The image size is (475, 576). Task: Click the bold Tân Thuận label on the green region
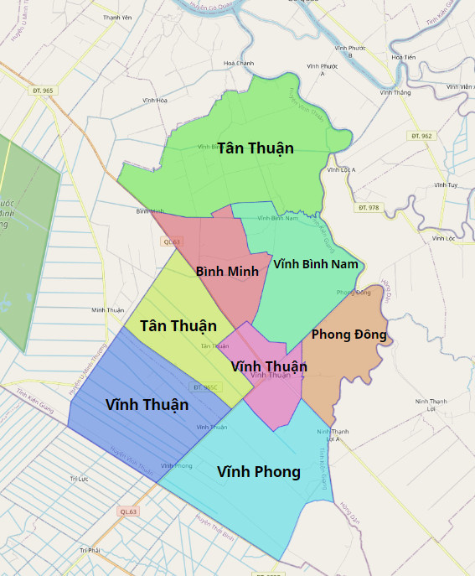(256, 148)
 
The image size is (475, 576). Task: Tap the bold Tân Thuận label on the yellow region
(178, 325)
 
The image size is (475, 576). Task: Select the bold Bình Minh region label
(227, 272)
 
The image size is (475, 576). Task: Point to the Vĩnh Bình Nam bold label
(315, 263)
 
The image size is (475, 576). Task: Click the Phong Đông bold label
(349, 335)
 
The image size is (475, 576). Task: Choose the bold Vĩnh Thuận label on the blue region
(147, 405)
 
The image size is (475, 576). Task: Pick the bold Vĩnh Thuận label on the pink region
(268, 366)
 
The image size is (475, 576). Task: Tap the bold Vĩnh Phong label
(258, 472)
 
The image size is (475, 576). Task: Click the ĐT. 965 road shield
(43, 90)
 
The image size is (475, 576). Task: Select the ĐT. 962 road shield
(421, 135)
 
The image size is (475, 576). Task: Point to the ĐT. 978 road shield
(368, 207)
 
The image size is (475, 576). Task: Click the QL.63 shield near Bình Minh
(170, 241)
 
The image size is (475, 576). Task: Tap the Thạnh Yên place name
(117, 18)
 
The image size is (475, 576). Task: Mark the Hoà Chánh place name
(239, 63)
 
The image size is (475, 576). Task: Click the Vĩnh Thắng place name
(395, 93)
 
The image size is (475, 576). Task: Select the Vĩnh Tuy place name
(446, 184)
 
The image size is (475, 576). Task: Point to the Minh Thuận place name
(108, 310)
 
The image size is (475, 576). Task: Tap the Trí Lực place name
(79, 479)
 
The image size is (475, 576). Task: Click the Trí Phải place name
(90, 550)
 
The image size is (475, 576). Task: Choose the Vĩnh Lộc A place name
(341, 169)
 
